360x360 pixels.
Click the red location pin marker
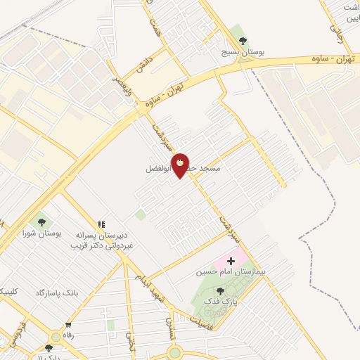pos(181,165)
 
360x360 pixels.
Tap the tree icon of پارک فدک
pos(220,291)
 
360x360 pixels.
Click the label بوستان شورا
pos(39,232)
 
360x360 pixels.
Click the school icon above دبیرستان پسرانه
pos(103,224)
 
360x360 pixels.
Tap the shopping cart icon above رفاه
pos(68,325)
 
